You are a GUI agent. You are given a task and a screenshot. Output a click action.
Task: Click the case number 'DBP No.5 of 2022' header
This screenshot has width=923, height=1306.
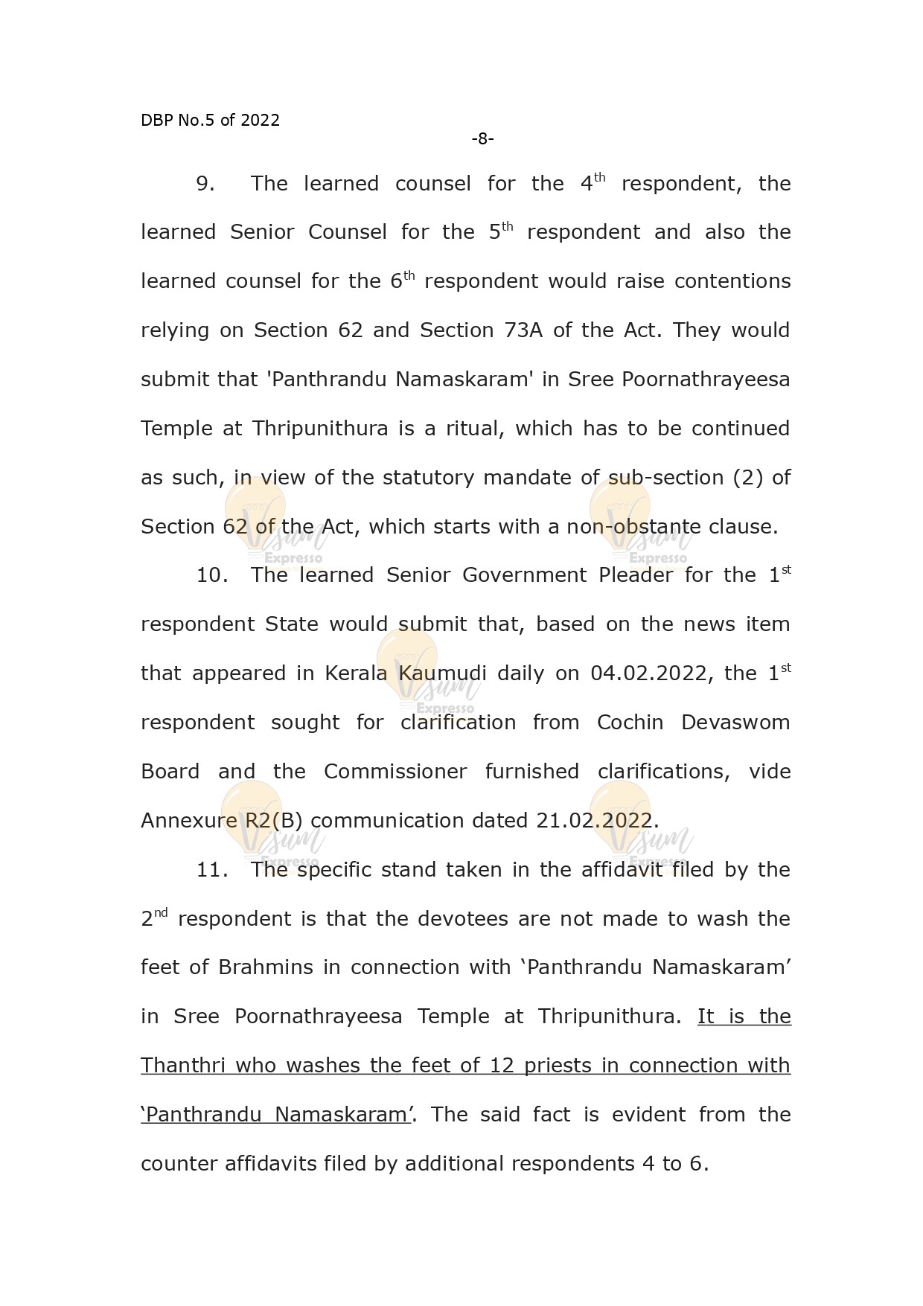[x=210, y=121]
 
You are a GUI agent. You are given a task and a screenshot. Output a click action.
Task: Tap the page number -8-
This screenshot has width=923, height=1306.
[x=482, y=138]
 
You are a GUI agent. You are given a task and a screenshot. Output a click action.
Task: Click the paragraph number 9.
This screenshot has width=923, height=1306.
[x=205, y=184]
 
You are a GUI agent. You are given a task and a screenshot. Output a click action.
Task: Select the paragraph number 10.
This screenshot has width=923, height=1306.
[x=211, y=575]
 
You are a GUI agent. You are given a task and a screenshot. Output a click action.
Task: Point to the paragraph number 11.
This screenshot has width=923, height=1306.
[x=211, y=870]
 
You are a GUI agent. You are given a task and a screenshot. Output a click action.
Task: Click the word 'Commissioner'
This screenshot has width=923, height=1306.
[x=395, y=772]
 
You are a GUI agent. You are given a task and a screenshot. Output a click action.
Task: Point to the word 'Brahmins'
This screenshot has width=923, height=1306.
[x=266, y=967]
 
